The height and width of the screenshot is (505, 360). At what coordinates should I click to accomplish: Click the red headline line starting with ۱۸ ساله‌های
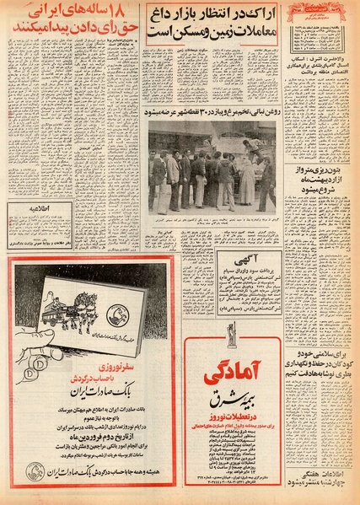72,16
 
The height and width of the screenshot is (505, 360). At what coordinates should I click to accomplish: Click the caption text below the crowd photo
212,221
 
